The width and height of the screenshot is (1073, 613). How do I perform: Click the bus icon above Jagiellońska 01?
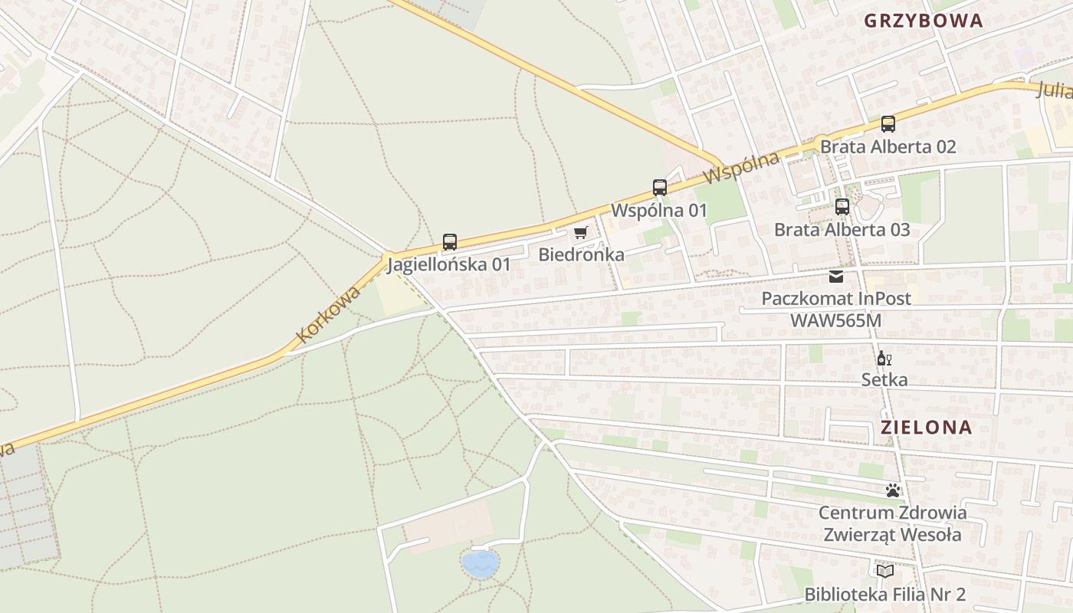pyautogui.click(x=450, y=242)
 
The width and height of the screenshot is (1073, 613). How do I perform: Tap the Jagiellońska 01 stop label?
pyautogui.click(x=448, y=265)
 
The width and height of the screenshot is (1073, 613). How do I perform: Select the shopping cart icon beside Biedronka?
pyautogui.click(x=581, y=232)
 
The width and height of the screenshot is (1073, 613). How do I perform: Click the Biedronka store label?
pyautogui.click(x=581, y=254)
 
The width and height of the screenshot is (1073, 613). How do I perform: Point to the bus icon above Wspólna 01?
pyautogui.click(x=659, y=187)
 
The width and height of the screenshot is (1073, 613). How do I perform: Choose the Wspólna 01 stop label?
pyautogui.click(x=658, y=210)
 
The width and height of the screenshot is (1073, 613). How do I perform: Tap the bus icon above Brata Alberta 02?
pyautogui.click(x=888, y=123)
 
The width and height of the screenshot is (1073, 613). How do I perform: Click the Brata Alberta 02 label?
pyautogui.click(x=888, y=146)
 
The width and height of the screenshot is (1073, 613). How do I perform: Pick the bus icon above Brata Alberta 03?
pyautogui.click(x=842, y=206)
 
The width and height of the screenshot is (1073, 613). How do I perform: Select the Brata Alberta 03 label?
pyautogui.click(x=842, y=229)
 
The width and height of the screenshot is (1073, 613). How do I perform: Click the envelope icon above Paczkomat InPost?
pyautogui.click(x=836, y=276)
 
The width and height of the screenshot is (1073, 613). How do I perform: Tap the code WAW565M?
pyautogui.click(x=836, y=320)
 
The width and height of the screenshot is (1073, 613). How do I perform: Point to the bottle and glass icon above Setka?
pyautogui.click(x=884, y=358)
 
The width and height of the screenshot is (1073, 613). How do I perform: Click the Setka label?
pyautogui.click(x=884, y=379)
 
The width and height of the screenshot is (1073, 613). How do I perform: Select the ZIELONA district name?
pyautogui.click(x=927, y=428)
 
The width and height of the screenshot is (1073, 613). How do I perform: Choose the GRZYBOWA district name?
pyautogui.click(x=923, y=21)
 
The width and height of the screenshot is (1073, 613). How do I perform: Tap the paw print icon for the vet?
pyautogui.click(x=892, y=490)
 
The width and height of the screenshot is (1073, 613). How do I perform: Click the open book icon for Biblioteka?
pyautogui.click(x=884, y=571)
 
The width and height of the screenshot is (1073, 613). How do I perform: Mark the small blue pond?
pyautogui.click(x=480, y=564)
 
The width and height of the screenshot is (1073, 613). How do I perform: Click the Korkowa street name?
pyautogui.click(x=328, y=314)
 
